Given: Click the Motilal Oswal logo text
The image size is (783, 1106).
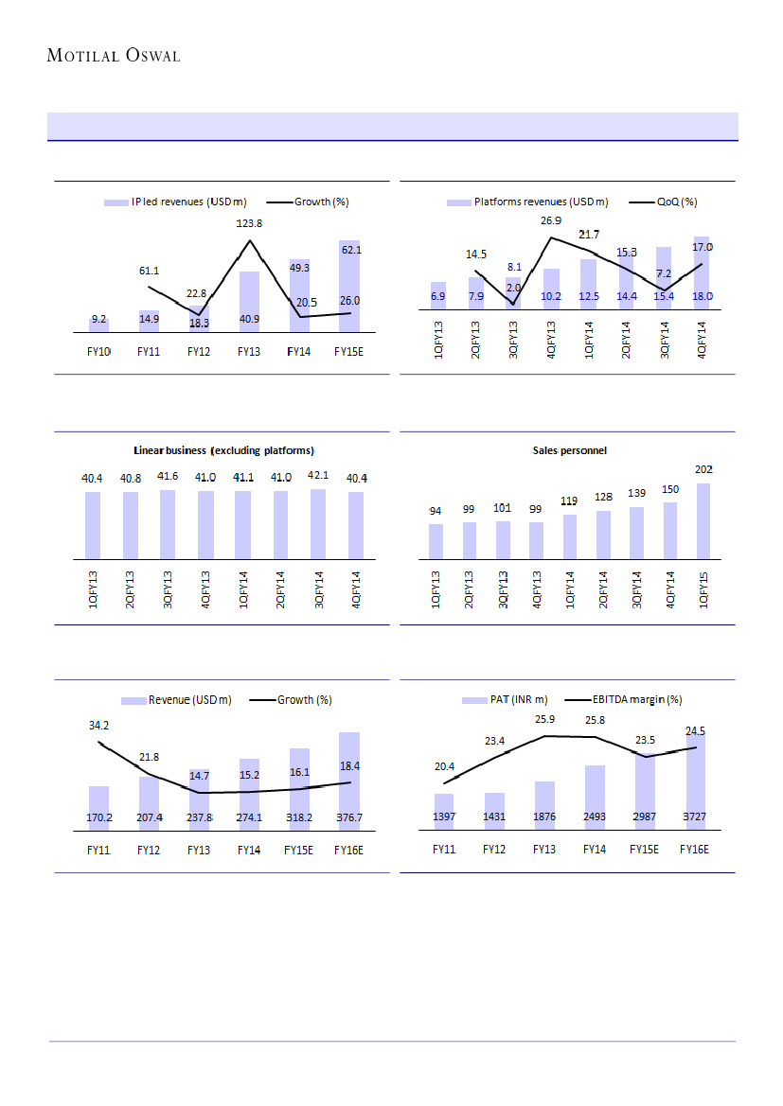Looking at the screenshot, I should point(114,56).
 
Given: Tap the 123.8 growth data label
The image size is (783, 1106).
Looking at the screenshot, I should point(249,223).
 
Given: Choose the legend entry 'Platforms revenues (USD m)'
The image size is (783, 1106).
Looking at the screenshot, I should point(541,202).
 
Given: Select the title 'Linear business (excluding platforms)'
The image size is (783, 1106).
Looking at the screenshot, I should point(222,449).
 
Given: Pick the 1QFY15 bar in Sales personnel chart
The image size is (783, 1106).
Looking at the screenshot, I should point(703,520).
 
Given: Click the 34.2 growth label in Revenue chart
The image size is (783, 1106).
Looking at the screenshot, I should point(98,726).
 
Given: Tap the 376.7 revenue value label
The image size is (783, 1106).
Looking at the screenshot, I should point(348,816).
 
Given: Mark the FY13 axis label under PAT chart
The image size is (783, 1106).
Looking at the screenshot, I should point(543,850).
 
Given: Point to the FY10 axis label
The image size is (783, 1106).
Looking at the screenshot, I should point(98,351).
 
